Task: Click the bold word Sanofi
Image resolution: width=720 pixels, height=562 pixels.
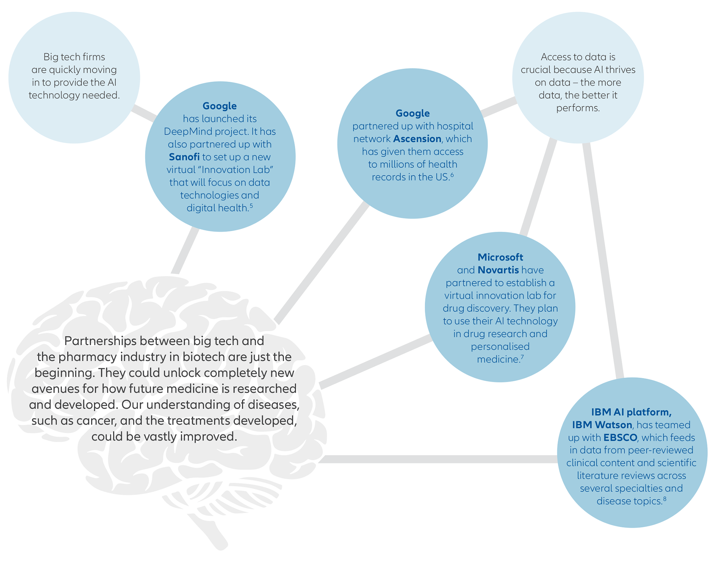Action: tap(184, 157)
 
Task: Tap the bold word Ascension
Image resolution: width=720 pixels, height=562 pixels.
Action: tap(417, 139)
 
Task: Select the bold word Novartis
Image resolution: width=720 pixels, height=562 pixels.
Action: tap(498, 270)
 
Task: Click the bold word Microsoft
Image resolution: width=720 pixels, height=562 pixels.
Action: tap(500, 257)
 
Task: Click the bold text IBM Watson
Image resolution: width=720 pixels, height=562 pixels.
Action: tap(602, 425)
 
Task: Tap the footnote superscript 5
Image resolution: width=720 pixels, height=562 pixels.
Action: tap(251, 206)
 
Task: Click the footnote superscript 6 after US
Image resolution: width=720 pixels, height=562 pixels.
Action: tap(452, 175)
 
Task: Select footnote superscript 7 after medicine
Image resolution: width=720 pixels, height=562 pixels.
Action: tap(522, 357)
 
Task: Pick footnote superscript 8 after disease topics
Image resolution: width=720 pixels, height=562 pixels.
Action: tap(665, 499)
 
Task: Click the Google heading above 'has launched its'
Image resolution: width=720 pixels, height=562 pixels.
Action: tap(220, 106)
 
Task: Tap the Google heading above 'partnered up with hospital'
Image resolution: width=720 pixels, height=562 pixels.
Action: tap(413, 113)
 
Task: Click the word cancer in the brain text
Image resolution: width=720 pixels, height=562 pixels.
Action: tap(98, 421)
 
